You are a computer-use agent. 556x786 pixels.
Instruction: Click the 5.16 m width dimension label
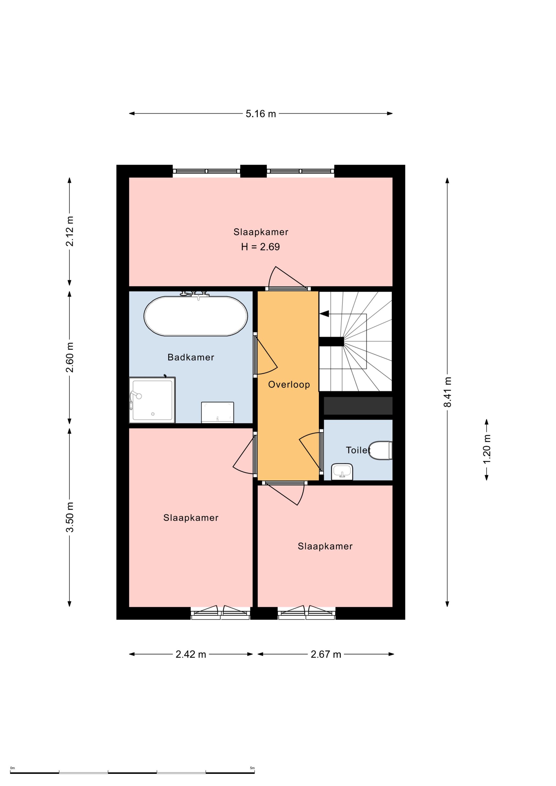coord(261,114)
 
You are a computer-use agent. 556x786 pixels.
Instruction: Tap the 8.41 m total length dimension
coord(447,392)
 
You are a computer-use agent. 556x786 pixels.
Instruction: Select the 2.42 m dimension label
coord(191,654)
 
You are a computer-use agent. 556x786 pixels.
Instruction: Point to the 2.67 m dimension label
coord(326,654)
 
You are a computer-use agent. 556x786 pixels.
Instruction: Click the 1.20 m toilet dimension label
coord(486,449)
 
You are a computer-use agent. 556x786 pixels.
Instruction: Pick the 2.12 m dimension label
coord(69,231)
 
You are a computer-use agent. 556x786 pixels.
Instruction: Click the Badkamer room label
coord(191,357)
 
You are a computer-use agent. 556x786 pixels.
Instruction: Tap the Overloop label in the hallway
coord(289,385)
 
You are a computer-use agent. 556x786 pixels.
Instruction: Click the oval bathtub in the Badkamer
coord(196,316)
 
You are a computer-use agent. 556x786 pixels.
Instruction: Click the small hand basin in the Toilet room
coord(342,472)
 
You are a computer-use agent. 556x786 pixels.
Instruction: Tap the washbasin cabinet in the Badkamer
coord(218,412)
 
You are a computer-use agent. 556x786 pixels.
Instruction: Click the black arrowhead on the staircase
coord(324,314)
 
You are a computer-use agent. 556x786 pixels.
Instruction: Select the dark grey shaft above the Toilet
coord(358,406)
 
